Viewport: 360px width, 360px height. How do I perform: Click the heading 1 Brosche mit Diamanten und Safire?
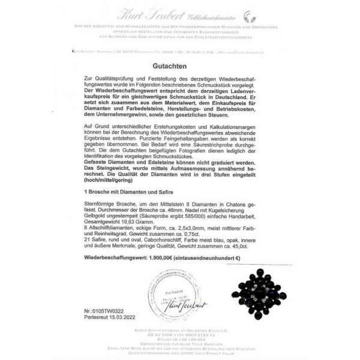tap(130, 190)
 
